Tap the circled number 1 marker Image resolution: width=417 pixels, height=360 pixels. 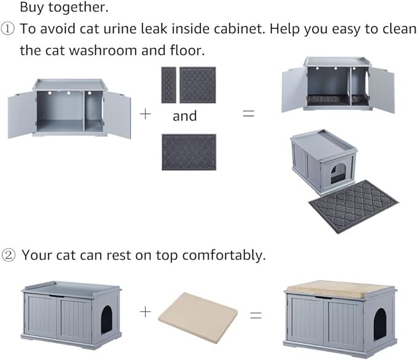(10, 29)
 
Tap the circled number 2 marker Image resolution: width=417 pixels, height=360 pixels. (10, 255)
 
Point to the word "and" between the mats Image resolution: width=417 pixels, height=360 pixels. (184, 116)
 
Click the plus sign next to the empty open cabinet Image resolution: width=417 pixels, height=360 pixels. (145, 115)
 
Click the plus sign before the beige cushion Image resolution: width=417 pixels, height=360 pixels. (145, 311)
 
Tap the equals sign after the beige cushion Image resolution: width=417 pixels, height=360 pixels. (255, 315)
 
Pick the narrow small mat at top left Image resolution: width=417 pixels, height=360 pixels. (168, 85)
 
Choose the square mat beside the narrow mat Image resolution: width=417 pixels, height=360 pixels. (197, 85)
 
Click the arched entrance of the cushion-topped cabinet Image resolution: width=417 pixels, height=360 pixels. (380, 323)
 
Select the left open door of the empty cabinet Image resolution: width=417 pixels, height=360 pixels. (20, 115)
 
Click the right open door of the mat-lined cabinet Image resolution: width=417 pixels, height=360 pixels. (382, 89)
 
